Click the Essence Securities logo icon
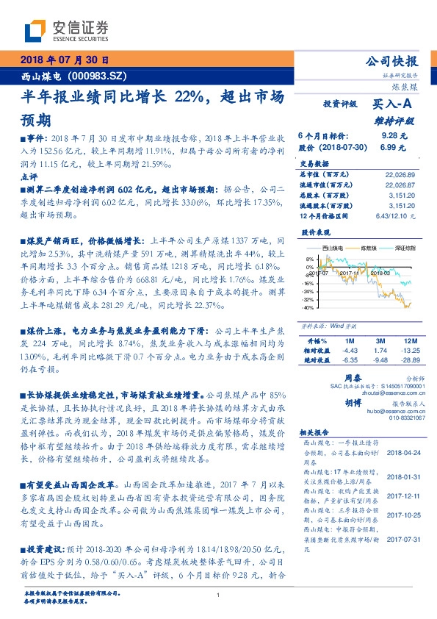(x=35, y=31)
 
